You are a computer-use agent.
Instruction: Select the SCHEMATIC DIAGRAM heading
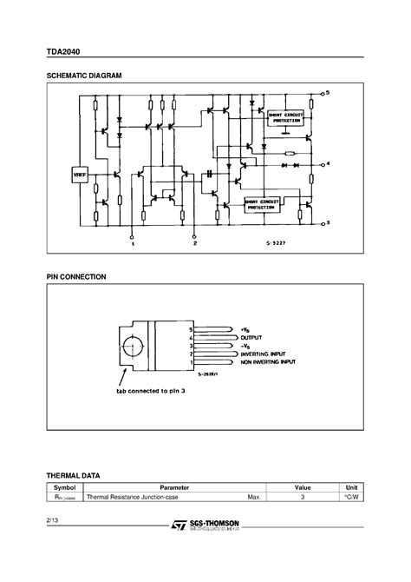[85, 77]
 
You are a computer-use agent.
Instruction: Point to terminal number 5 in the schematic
[327, 92]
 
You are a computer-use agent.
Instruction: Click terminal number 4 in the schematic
[327, 164]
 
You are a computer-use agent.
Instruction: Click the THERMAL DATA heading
[73, 476]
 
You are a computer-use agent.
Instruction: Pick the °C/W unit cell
[352, 499]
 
